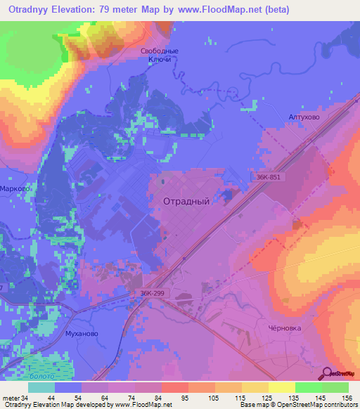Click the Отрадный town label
[x=186, y=200]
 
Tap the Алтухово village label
[x=304, y=118]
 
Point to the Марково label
[x=14, y=188]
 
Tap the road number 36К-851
[x=269, y=178]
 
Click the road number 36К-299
[x=143, y=296]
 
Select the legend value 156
[x=347, y=398]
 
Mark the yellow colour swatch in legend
[x=281, y=387]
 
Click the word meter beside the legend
[x=9, y=398]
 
